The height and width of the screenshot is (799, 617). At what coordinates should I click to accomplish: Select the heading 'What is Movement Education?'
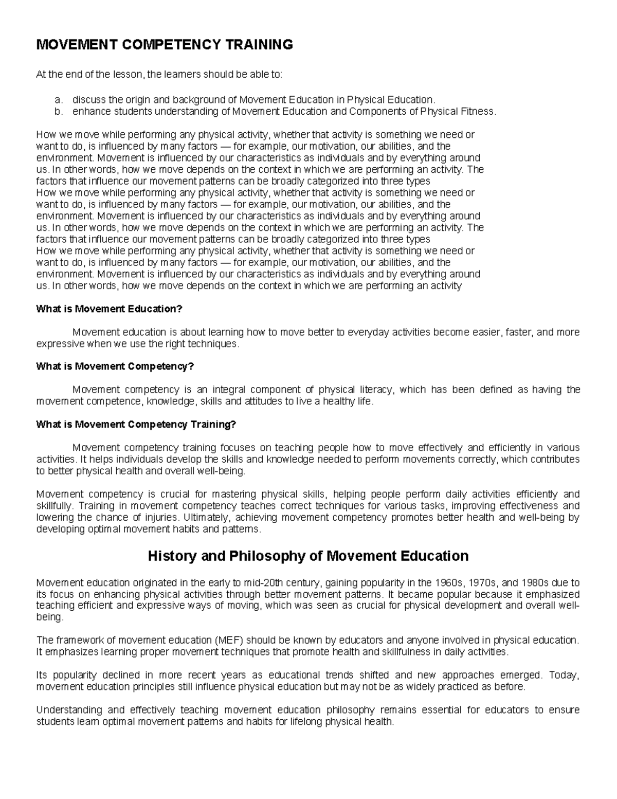pyautogui.click(x=109, y=309)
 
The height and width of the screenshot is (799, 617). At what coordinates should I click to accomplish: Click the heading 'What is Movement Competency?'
pyautogui.click(x=115, y=367)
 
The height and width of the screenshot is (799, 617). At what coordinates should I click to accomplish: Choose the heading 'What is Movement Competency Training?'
pyautogui.click(x=136, y=424)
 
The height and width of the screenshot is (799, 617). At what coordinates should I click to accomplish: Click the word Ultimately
pyautogui.click(x=205, y=518)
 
